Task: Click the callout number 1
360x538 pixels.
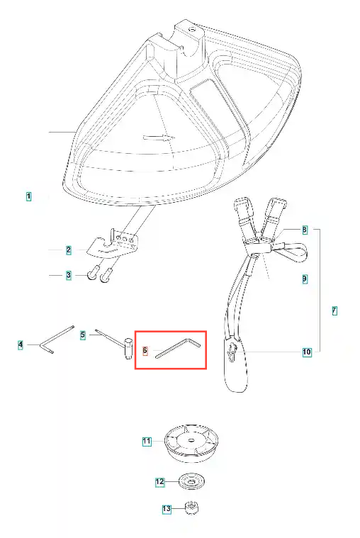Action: click(x=29, y=196)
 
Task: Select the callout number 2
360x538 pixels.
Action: click(x=69, y=250)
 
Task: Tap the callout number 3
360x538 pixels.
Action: click(x=69, y=275)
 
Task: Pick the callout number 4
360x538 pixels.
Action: click(x=21, y=344)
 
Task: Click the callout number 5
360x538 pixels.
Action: click(x=83, y=335)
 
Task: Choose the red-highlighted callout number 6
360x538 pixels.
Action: click(x=145, y=351)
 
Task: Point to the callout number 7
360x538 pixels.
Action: click(x=334, y=311)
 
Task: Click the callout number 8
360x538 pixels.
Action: click(x=305, y=230)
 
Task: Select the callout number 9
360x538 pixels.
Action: click(x=305, y=279)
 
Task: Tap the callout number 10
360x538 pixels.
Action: click(x=307, y=352)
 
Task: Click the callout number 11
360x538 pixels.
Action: click(x=147, y=441)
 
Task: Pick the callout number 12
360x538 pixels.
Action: click(x=160, y=482)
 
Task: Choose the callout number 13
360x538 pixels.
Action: click(x=167, y=508)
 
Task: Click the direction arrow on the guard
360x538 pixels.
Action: click(x=159, y=138)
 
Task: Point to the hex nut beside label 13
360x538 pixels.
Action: click(x=191, y=508)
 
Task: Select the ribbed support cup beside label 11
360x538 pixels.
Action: click(x=191, y=442)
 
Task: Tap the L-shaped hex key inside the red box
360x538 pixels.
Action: click(x=179, y=348)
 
